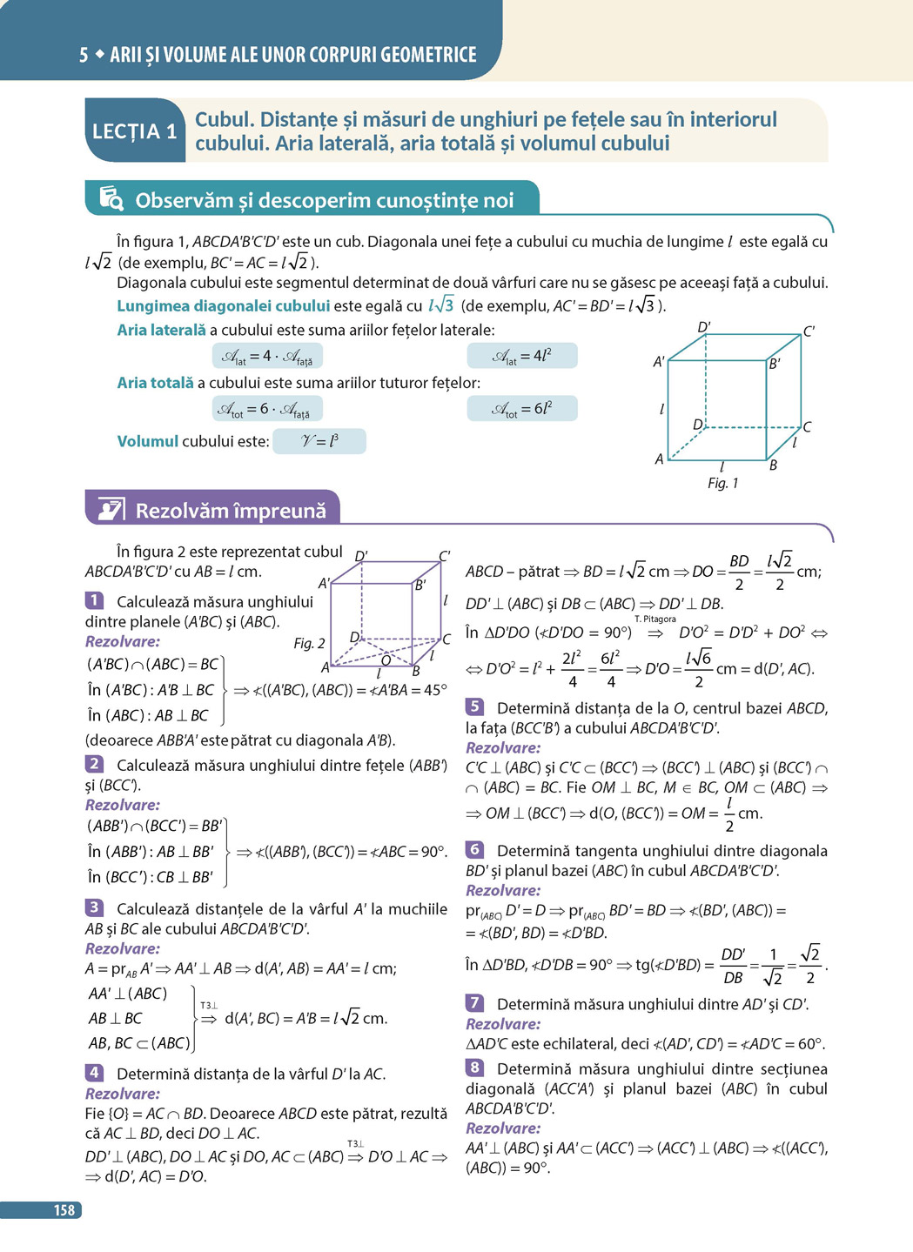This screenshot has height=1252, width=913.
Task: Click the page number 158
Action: (64, 1210)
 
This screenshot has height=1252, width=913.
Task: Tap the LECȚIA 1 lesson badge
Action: (135, 131)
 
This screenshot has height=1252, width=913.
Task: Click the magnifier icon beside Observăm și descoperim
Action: (111, 199)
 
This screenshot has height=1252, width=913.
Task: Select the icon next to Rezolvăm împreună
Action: (111, 509)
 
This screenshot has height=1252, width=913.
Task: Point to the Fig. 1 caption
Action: (722, 483)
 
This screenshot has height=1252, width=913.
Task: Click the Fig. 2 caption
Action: (309, 643)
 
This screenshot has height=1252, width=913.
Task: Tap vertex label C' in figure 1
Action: (808, 331)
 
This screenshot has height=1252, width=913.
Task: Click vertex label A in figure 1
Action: (659, 459)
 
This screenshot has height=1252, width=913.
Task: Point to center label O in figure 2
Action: (386, 660)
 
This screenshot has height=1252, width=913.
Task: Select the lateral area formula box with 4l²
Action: (522, 356)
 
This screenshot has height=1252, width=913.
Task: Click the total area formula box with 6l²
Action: (522, 408)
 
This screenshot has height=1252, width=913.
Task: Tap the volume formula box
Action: (319, 441)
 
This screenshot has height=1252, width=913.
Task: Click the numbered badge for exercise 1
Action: (94, 600)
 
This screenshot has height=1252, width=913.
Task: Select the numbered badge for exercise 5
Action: (474, 706)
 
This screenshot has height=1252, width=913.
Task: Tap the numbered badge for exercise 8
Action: (474, 1067)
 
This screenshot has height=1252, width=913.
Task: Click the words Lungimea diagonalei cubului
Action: (224, 305)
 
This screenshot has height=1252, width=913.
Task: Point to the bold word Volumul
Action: (148, 441)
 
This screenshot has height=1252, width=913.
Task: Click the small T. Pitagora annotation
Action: (655, 619)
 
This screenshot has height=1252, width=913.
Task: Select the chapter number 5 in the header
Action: (84, 55)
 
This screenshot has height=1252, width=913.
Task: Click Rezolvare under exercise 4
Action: (123, 1094)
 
